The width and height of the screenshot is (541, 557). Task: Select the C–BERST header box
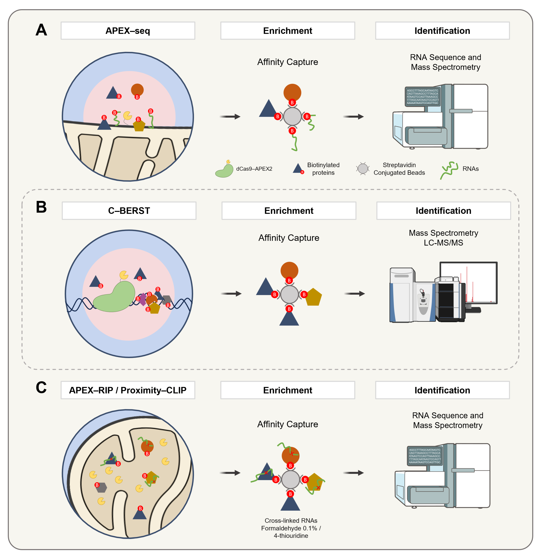(129, 211)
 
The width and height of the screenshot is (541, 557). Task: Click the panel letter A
(41, 30)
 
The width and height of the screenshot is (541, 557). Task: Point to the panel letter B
(41, 207)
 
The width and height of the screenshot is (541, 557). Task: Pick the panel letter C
(41, 387)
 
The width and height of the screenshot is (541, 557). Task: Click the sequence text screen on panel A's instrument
(422, 97)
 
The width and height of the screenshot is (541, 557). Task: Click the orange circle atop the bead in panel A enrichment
(292, 92)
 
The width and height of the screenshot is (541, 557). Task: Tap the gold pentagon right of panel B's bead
(313, 297)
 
